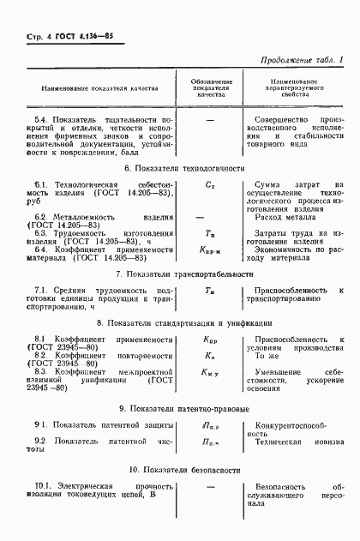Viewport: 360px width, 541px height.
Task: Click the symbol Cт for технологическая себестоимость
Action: tap(199, 183)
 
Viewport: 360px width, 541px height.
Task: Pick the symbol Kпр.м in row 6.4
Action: tap(199, 249)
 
